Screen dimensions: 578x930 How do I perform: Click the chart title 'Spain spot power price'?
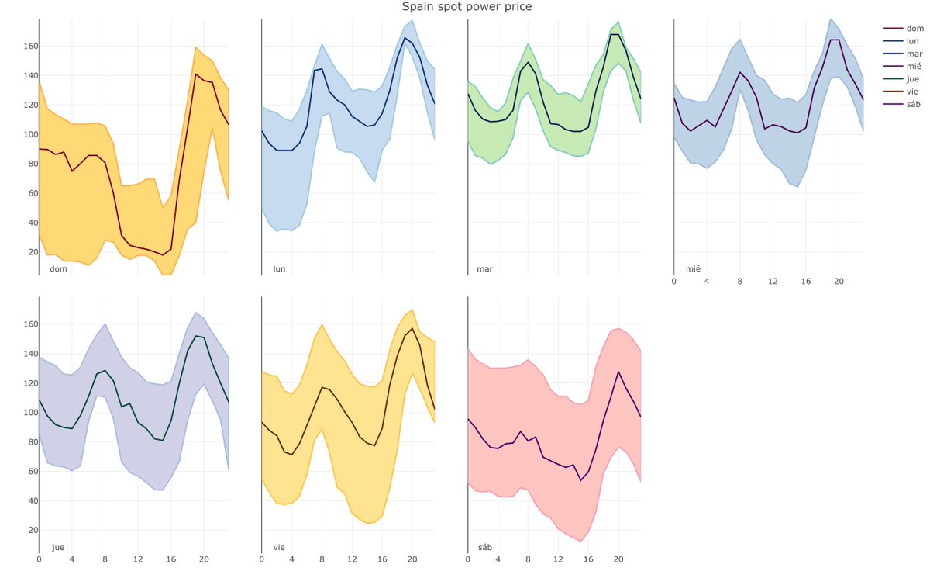466,7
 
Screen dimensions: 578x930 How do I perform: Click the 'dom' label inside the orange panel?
57,269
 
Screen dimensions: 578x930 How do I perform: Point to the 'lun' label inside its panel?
279,269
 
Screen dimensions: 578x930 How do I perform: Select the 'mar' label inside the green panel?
484,269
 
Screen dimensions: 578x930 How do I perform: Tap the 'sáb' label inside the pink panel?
484,547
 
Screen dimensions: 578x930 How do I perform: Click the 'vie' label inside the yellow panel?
279,547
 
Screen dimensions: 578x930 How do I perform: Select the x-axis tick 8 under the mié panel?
740,281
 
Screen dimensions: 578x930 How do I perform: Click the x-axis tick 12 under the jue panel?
137,559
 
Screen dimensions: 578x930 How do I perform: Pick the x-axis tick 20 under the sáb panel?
618,559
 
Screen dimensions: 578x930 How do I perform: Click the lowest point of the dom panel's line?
162,254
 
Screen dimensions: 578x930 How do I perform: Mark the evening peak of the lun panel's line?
405,37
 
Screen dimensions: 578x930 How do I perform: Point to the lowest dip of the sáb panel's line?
580,480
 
